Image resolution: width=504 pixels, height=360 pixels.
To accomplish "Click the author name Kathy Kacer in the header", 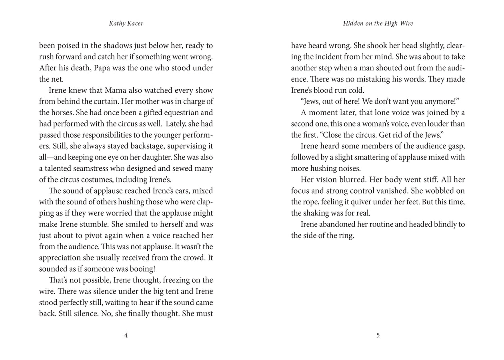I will pos(126,24).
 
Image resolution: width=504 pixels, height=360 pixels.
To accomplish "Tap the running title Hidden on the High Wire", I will pos(378,24).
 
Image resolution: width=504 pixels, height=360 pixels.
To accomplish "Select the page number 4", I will pos(126,335).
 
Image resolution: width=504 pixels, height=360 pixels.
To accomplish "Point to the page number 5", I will pos(378,335).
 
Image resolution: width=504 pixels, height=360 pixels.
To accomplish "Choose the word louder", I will pos(437,124).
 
